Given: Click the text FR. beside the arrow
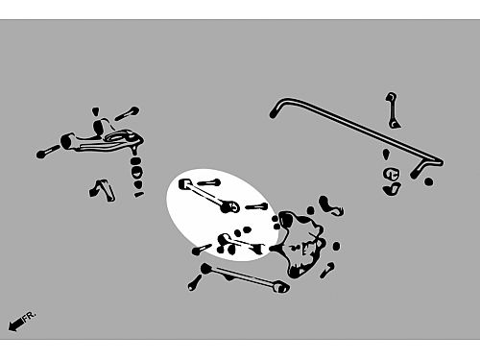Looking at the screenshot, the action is [x=30, y=316].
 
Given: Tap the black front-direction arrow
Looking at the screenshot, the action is [x=16, y=324].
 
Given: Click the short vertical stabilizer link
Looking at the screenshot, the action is [x=393, y=110].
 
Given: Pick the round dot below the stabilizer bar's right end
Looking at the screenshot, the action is [x=428, y=182].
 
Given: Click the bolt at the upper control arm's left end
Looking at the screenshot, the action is [x=47, y=152].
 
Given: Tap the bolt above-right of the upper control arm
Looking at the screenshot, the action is [x=127, y=113].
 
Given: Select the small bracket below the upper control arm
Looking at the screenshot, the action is [x=102, y=190].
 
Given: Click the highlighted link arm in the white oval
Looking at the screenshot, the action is [x=209, y=196].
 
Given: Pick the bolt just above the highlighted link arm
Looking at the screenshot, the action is [x=208, y=182].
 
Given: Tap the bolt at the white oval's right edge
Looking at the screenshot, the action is [x=256, y=206].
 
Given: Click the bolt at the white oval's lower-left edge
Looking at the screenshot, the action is [x=202, y=250].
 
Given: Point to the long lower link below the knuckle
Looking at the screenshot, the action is [x=245, y=277].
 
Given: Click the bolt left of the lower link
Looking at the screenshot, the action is [x=195, y=282].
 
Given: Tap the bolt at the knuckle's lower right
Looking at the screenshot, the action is [x=327, y=271].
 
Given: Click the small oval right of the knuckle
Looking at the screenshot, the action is [x=336, y=246].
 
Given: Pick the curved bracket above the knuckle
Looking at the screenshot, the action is [x=331, y=205].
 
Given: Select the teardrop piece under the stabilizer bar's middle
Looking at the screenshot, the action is [x=386, y=154].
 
